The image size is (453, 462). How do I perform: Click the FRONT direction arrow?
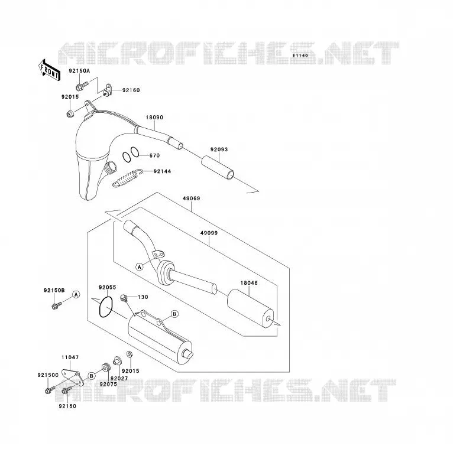click(x=50, y=70)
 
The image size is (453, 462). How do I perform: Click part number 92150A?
click(x=79, y=71)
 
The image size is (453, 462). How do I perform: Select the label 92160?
click(x=131, y=90)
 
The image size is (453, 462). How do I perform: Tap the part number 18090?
click(x=154, y=117)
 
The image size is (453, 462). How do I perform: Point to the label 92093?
click(x=219, y=149)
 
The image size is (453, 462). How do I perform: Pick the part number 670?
click(x=154, y=155)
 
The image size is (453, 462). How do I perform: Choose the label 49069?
click(x=191, y=199)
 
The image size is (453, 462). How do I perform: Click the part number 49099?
click(x=209, y=233)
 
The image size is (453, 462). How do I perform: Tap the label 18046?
click(x=249, y=283)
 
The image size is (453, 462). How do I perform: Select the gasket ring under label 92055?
click(x=106, y=307)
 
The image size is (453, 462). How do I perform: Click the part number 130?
click(x=143, y=297)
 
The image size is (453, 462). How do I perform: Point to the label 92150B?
click(x=54, y=290)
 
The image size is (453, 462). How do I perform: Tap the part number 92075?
click(x=108, y=384)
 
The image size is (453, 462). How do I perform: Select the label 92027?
click(x=119, y=378)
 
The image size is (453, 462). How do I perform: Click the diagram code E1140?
click(x=300, y=56)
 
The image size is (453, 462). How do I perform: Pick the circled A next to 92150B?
click(x=76, y=294)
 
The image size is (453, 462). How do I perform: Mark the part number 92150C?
click(x=48, y=375)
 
